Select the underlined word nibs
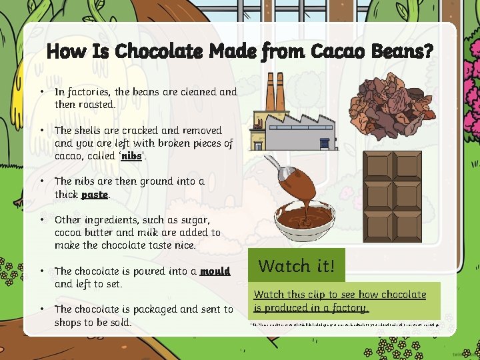pos(132,156)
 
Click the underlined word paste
pos(94,195)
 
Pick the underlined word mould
pos(215,271)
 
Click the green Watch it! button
pos(296,266)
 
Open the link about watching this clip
pos(340,301)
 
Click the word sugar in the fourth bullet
pos(194,219)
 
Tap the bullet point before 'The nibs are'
pos(41,181)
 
